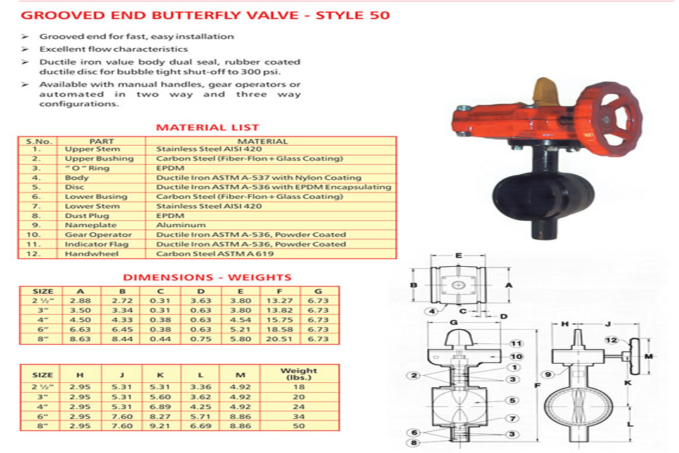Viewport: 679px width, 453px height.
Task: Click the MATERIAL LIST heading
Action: pyautogui.click(x=207, y=128)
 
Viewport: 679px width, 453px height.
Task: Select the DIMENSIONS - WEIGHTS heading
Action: pyautogui.click(x=207, y=277)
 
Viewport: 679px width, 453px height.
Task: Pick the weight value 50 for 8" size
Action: pyautogui.click(x=298, y=428)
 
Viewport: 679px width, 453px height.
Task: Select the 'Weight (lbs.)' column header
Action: pyautogui.click(x=298, y=374)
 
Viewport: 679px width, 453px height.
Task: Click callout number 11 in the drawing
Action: pyautogui.click(x=517, y=343)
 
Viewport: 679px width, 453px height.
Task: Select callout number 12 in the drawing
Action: pyautogui.click(x=610, y=341)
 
